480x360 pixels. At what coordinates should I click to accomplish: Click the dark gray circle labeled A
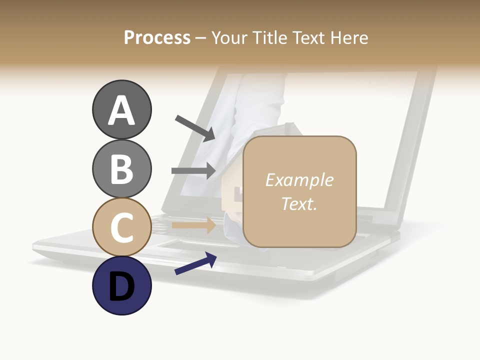point(121,109)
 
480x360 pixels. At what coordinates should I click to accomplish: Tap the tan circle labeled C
point(121,227)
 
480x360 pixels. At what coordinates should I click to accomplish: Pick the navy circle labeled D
point(121,286)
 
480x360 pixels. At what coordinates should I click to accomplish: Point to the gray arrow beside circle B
point(193,171)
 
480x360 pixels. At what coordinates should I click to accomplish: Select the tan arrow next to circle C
point(193,225)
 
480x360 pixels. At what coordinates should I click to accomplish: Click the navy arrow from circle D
point(195,263)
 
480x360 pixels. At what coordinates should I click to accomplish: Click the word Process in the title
point(157,37)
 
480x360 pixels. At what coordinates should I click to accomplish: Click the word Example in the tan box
point(299,180)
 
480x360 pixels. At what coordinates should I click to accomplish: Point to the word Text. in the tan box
point(299,203)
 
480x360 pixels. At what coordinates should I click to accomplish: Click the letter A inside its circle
point(121,110)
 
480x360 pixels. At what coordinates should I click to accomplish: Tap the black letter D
point(121,287)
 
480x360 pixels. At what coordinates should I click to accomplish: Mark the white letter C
point(121,228)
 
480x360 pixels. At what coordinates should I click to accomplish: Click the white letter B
point(121,169)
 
